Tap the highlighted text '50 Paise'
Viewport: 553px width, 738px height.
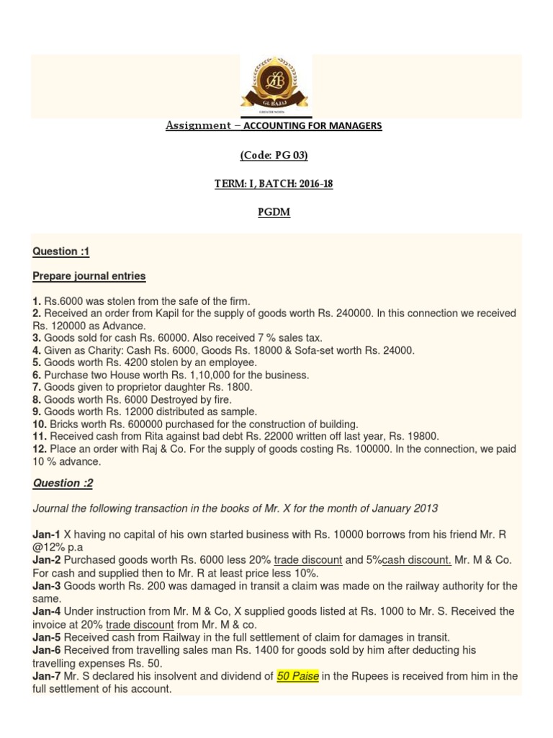coord(298,676)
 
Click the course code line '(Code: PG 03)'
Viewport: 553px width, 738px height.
coord(276,155)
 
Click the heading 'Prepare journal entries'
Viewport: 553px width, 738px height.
coord(89,276)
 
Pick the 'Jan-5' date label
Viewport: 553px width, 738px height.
coord(47,637)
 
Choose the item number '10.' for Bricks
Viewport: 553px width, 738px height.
coord(40,424)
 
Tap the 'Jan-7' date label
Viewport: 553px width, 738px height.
coord(47,676)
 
